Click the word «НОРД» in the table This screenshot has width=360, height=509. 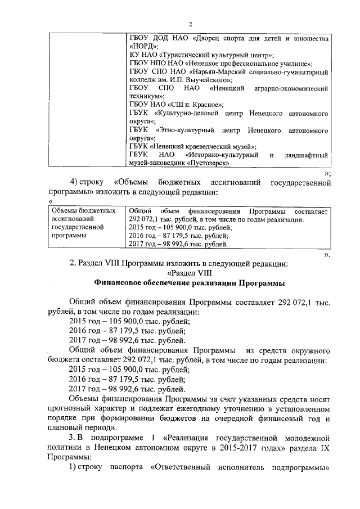point(143,47)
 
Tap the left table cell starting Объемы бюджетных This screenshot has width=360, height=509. point(79,223)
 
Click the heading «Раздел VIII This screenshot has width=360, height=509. point(188,273)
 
